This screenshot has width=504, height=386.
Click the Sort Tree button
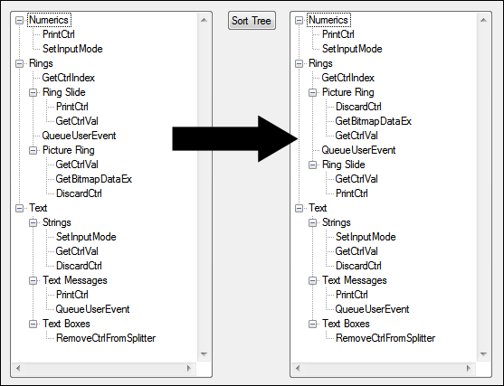click(x=252, y=21)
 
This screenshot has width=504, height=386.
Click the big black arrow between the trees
click(x=234, y=138)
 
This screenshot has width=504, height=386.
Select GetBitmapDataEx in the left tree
click(x=94, y=179)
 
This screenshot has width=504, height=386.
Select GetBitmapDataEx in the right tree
click(x=373, y=121)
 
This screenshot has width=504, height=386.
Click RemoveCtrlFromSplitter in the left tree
click(x=106, y=338)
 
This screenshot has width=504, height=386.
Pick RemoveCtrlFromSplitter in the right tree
click(x=385, y=338)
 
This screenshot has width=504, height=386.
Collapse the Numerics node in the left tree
click(x=20, y=20)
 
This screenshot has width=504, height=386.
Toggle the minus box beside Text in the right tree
click(x=300, y=209)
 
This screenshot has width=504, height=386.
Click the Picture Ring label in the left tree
click(x=69, y=150)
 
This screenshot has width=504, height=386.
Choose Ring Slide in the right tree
click(x=344, y=165)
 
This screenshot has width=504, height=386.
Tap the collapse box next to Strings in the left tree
click(x=33, y=222)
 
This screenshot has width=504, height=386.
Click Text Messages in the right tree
click(x=355, y=280)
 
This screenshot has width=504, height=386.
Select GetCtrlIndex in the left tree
click(x=69, y=78)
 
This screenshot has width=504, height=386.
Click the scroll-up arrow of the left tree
click(x=204, y=20)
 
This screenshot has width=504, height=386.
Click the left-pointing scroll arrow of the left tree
click(x=18, y=368)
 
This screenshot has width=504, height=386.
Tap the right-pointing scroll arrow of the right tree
click(x=469, y=368)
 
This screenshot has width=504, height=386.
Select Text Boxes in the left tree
click(x=66, y=324)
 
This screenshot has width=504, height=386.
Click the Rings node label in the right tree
click(x=320, y=63)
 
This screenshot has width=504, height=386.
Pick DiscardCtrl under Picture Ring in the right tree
click(x=358, y=107)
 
